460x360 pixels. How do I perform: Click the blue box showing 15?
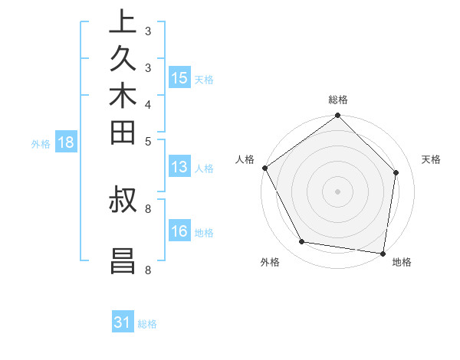click(x=179, y=78)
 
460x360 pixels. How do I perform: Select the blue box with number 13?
click(x=179, y=168)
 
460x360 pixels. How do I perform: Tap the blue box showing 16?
click(x=179, y=231)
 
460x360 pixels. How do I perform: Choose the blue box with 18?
click(x=65, y=142)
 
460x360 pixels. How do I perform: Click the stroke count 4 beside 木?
click(x=147, y=103)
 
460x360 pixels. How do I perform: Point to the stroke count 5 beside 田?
click(x=147, y=141)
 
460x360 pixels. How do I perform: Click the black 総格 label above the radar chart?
click(x=338, y=100)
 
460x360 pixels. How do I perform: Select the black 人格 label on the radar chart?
click(x=245, y=159)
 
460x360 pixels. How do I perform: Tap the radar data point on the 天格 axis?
click(x=396, y=172)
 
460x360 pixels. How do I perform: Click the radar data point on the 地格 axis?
click(x=383, y=253)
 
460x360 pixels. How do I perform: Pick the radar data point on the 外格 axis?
click(x=301, y=242)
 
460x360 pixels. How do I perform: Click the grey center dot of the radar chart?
click(x=338, y=191)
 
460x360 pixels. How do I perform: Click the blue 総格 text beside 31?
click(x=147, y=324)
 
